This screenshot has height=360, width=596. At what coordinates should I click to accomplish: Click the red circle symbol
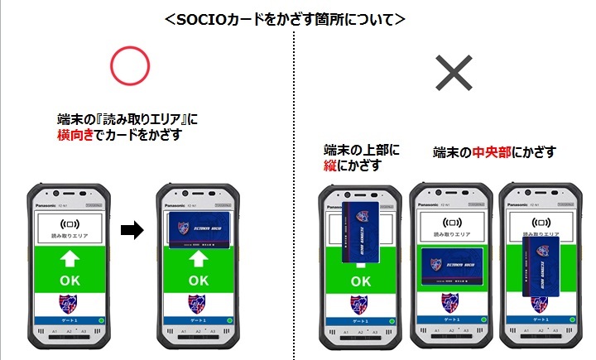(x=130, y=66)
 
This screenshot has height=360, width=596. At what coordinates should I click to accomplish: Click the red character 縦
(x=331, y=166)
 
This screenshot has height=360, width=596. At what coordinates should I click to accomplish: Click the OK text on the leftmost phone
(x=70, y=280)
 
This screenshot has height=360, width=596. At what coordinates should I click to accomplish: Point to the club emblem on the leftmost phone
(x=70, y=302)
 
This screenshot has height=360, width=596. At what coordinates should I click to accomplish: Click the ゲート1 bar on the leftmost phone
(x=70, y=319)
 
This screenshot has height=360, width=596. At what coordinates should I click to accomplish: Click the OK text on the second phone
(x=198, y=280)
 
